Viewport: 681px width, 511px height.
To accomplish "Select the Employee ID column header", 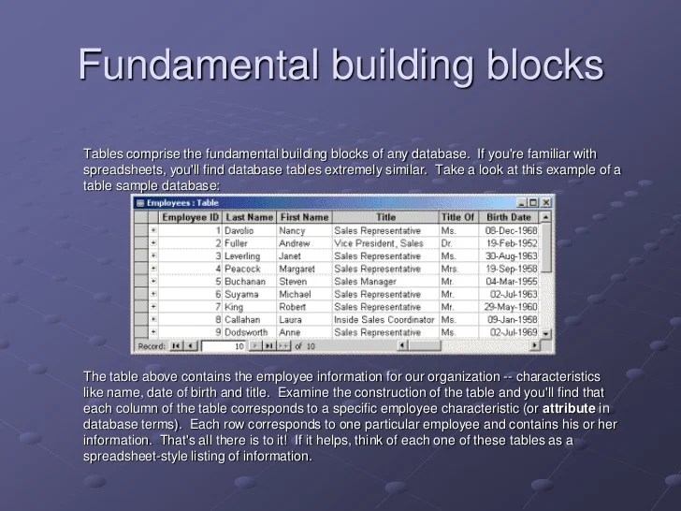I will [191, 217].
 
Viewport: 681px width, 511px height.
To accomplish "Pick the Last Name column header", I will [249, 217].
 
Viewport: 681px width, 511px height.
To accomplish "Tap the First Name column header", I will [304, 217].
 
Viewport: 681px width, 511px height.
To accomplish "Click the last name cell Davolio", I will [239, 230].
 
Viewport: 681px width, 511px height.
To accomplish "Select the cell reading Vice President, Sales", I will [379, 243].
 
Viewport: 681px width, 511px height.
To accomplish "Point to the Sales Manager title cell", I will [366, 281].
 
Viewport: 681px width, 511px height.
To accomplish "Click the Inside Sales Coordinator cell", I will [384, 319].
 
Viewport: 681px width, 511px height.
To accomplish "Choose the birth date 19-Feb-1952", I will [512, 243].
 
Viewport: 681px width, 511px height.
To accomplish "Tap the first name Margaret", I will [298, 269].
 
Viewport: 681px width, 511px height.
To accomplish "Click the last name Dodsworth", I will [246, 332].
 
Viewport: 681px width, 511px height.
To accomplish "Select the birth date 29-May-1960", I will [511, 307].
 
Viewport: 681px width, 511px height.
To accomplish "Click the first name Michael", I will [295, 294].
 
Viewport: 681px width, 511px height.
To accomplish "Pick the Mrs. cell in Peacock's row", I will [449, 269].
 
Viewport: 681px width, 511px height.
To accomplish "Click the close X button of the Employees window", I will [546, 202].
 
